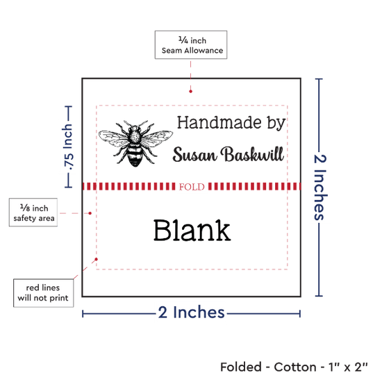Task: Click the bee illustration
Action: tap(135, 143)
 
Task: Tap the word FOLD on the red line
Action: tap(192, 187)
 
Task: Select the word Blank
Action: tap(192, 230)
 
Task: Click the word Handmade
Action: tap(219, 122)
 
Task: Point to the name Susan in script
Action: tap(194, 154)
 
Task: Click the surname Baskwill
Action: tap(252, 154)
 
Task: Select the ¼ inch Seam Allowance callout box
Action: tap(191, 45)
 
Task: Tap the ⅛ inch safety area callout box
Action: tap(33, 213)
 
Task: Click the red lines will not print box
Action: tap(43, 293)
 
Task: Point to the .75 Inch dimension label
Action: tap(68, 147)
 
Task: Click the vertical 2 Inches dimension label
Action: tap(320, 188)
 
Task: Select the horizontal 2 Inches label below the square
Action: tap(191, 312)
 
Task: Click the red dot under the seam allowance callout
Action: tap(190, 92)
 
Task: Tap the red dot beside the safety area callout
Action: tap(90, 213)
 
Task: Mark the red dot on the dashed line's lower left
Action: tap(97, 259)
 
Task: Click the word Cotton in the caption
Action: tap(295, 367)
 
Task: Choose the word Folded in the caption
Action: tap(241, 367)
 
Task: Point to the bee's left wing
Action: tap(113, 138)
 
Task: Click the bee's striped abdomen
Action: tap(135, 156)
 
